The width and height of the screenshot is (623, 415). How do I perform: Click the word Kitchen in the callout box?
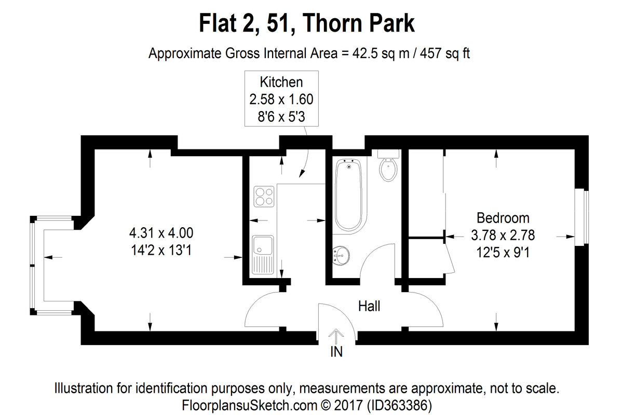click(281, 82)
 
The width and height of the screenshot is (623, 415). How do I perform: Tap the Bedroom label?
click(503, 218)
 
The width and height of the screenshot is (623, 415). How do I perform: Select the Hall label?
click(369, 306)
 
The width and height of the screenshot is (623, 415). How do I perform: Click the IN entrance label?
click(336, 352)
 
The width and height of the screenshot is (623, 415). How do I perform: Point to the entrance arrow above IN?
click(336, 336)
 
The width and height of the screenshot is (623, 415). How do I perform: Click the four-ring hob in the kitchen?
click(264, 197)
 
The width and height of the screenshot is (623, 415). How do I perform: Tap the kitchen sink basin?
click(263, 245)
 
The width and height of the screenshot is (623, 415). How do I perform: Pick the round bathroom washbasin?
click(341, 255)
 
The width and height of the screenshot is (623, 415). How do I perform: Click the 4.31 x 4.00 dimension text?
click(161, 233)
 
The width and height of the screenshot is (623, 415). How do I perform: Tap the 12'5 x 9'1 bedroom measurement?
click(503, 253)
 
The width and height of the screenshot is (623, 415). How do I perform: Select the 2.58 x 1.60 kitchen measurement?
click(281, 100)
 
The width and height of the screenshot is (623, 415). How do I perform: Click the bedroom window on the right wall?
click(581, 217)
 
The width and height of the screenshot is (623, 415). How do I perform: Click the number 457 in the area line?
click(430, 53)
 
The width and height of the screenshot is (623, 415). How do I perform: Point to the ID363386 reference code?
click(399, 405)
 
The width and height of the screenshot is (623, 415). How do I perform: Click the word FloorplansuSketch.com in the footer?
click(250, 405)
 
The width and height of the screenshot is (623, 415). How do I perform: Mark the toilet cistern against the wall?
click(388, 154)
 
